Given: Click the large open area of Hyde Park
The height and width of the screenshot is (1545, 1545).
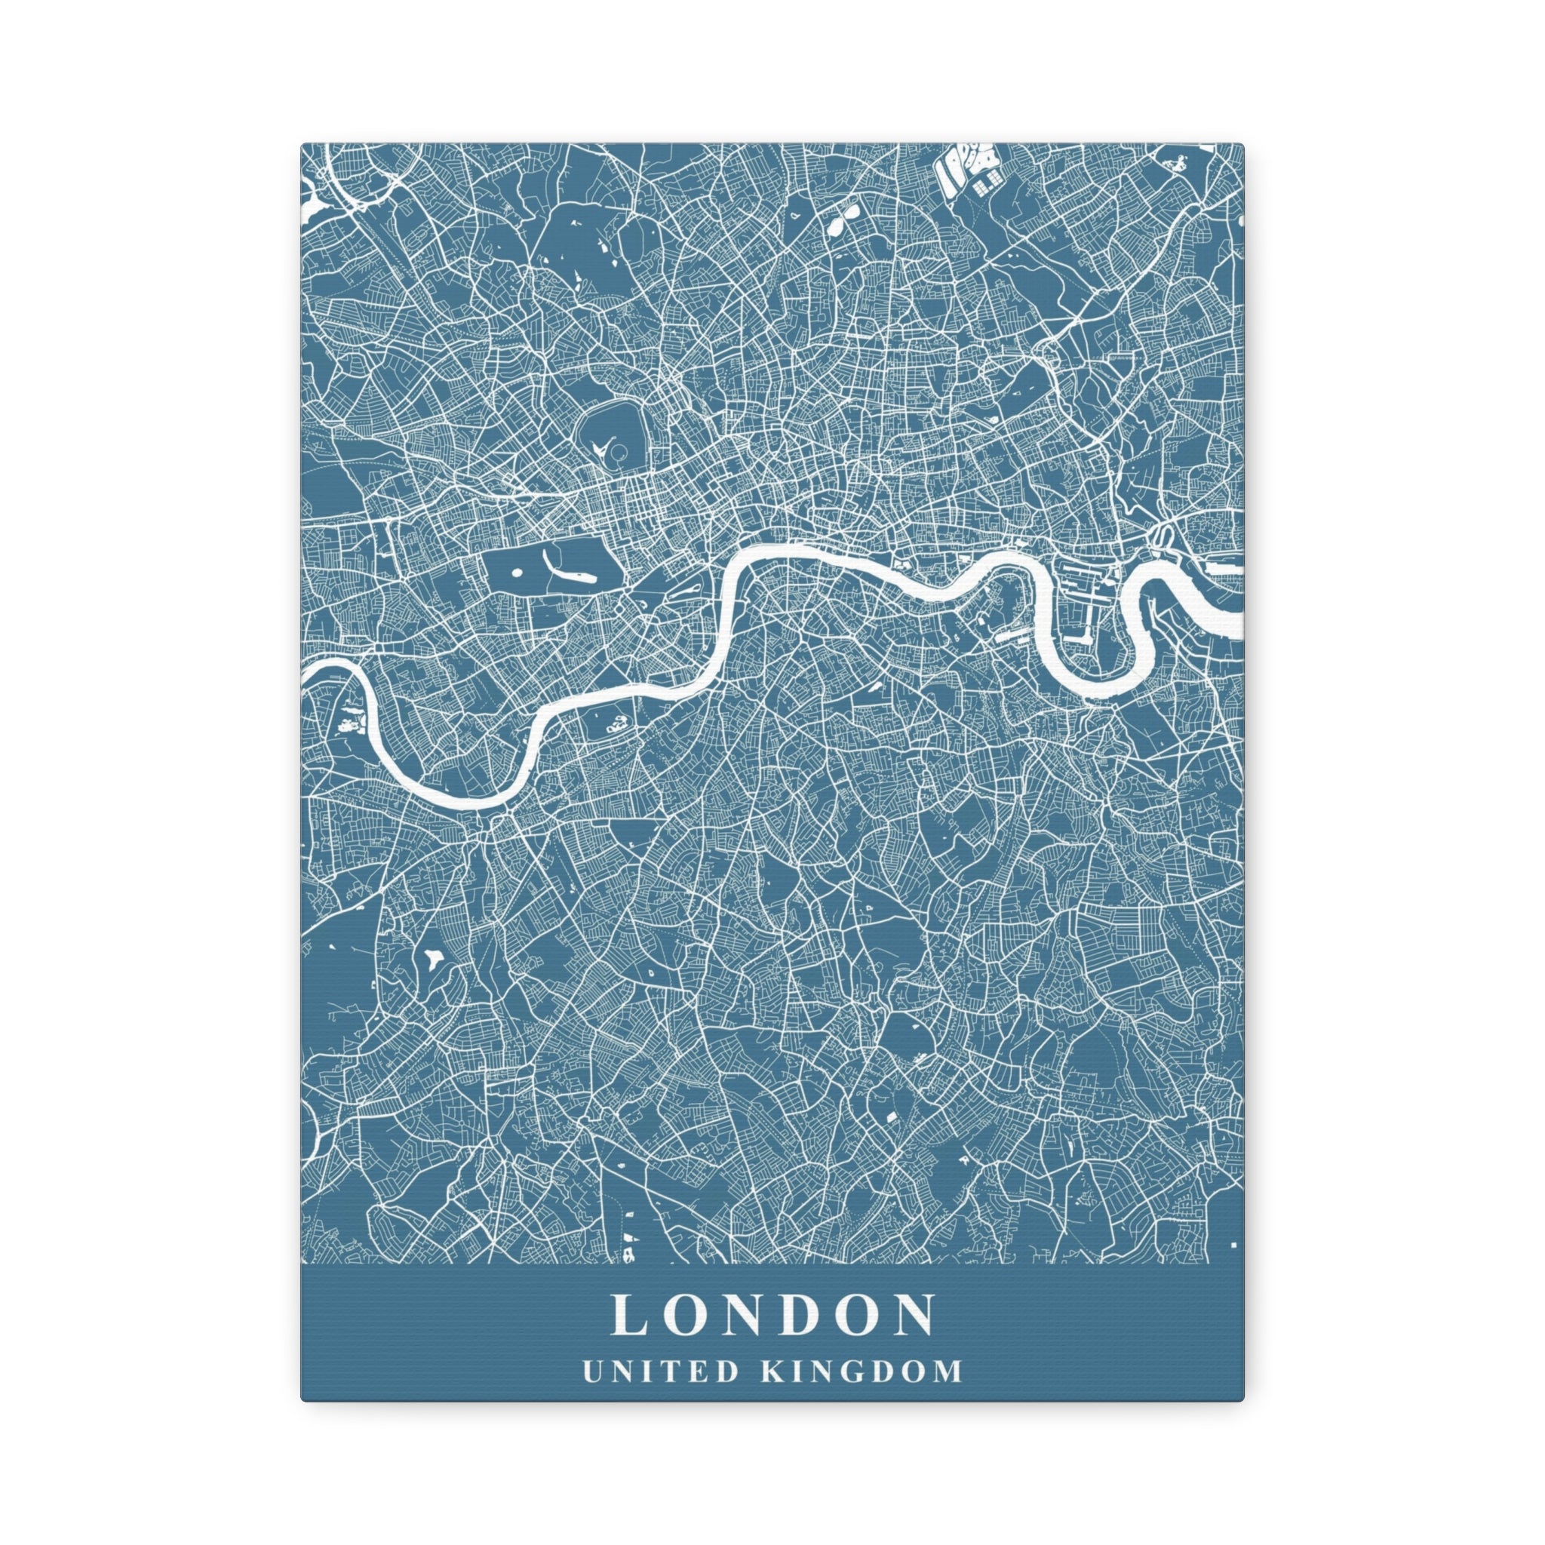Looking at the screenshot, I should coord(551,560).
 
